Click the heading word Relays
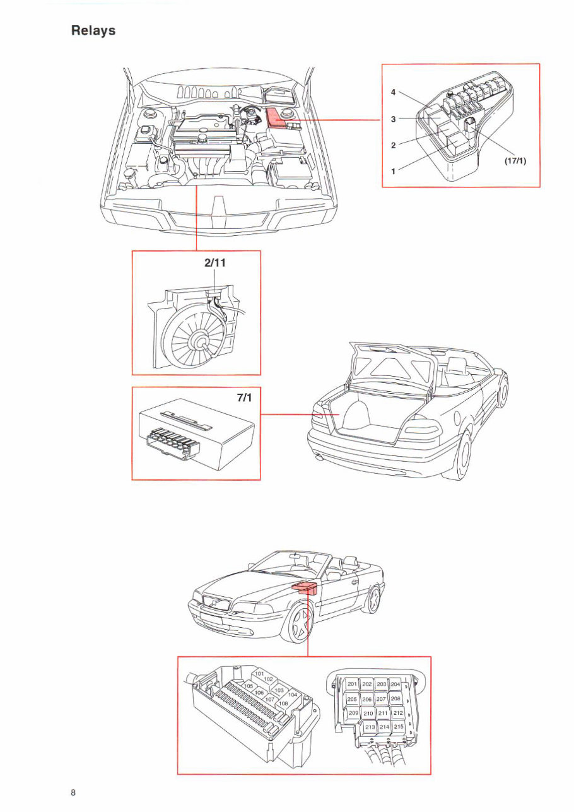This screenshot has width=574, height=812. [93, 30]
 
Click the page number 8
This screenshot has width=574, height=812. [73, 792]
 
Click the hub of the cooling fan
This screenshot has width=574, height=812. [204, 342]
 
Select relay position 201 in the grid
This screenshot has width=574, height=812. [353, 685]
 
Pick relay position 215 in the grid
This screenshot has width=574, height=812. [398, 727]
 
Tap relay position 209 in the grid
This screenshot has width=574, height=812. [353, 713]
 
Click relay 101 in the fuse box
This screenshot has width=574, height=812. [259, 674]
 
